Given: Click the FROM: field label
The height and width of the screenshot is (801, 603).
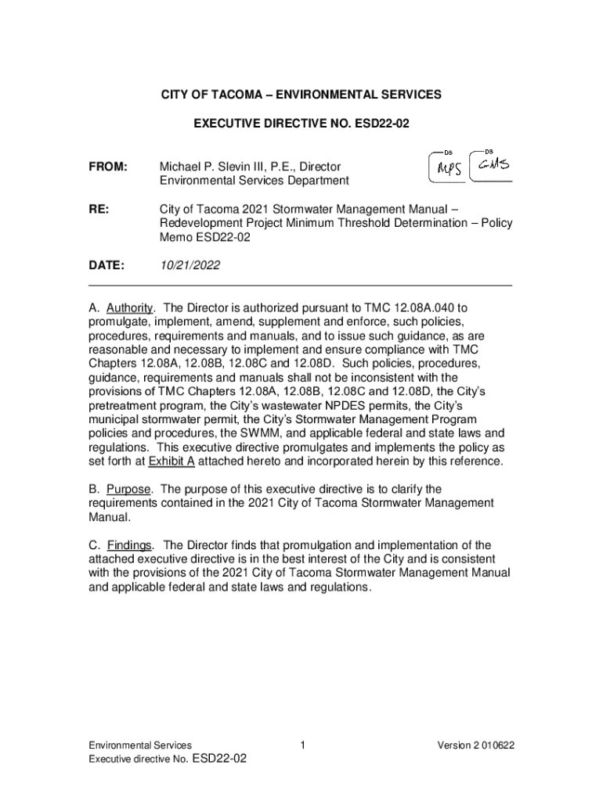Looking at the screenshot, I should [107, 167].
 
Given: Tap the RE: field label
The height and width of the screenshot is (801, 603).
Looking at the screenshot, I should [99, 210].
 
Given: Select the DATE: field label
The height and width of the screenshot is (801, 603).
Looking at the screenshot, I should [106, 266].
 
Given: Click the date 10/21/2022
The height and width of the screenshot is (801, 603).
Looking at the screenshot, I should [190, 266].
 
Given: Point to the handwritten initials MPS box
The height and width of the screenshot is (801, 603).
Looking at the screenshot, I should [447, 167].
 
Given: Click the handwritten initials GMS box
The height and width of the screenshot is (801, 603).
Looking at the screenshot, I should [490, 165].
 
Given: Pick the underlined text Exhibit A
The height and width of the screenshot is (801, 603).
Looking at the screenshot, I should [171, 462].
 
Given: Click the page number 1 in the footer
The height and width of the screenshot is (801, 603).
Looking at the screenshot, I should [301, 745].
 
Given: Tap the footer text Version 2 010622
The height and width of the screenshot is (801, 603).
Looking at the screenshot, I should [475, 745].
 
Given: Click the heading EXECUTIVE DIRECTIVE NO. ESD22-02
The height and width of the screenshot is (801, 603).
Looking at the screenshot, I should [301, 124].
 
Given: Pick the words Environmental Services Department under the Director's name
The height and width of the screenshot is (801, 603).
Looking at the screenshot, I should [255, 181].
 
